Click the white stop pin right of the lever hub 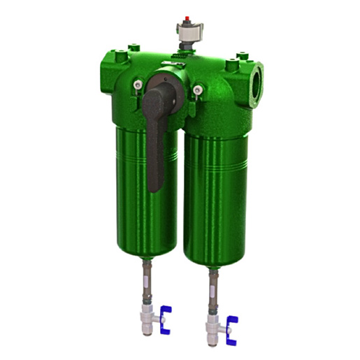[199, 89]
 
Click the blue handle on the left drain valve [167, 315]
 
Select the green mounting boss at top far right [241, 55]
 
